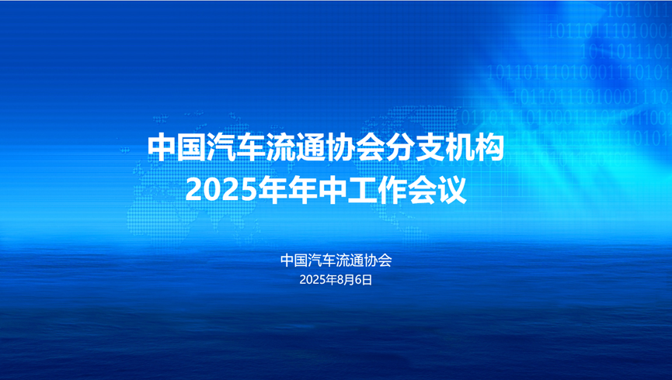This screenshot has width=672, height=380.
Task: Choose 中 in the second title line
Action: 319,189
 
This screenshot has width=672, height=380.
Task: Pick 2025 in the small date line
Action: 313,280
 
